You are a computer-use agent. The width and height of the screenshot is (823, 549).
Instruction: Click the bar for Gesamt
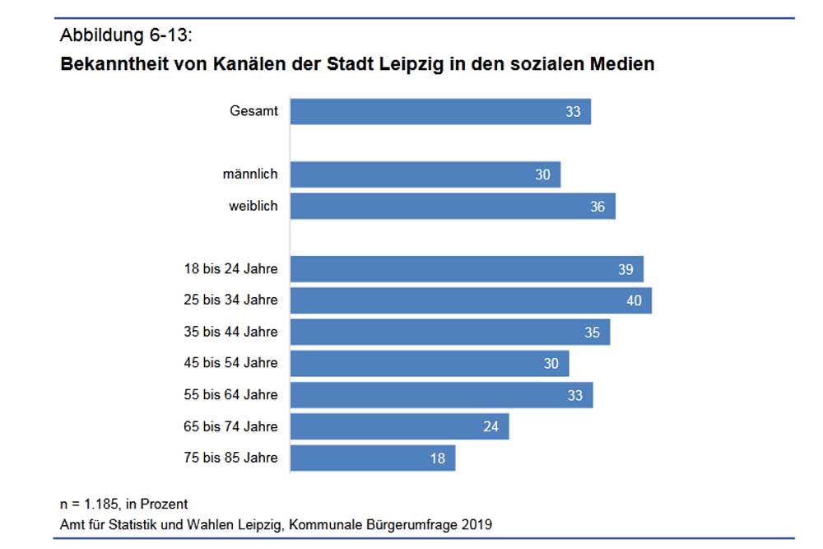[440, 111]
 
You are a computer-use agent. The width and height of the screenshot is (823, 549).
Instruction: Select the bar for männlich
[425, 174]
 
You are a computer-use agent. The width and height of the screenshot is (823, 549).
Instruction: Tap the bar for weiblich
[453, 206]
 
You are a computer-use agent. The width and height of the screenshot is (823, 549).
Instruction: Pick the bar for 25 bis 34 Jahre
[471, 300]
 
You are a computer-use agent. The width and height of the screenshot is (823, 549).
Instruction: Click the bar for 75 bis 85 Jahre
[373, 458]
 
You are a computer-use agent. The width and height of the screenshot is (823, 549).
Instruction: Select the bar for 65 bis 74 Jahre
[400, 426]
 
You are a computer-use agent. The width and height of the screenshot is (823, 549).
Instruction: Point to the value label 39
[625, 269]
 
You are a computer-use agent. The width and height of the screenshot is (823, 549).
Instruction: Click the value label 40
[633, 300]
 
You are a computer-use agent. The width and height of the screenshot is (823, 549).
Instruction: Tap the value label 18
[437, 458]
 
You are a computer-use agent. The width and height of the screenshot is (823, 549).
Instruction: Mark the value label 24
[491, 426]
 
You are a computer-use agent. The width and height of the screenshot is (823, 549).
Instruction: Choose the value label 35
[593, 332]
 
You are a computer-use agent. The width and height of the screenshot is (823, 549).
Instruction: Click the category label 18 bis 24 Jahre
[230, 268]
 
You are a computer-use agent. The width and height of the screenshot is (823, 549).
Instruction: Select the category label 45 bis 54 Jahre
[230, 363]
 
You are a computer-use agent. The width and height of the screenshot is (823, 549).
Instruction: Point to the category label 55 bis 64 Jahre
[230, 394]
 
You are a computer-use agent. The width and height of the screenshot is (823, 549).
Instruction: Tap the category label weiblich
[253, 206]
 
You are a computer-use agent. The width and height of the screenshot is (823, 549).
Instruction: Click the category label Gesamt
[253, 111]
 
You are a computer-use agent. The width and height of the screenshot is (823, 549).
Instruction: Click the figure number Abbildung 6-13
[127, 35]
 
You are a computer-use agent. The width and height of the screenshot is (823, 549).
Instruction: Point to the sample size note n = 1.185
[93, 504]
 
